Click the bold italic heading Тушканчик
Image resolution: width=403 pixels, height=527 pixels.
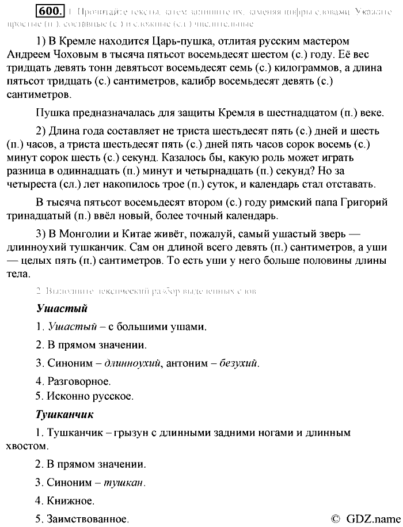tap(64, 414)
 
